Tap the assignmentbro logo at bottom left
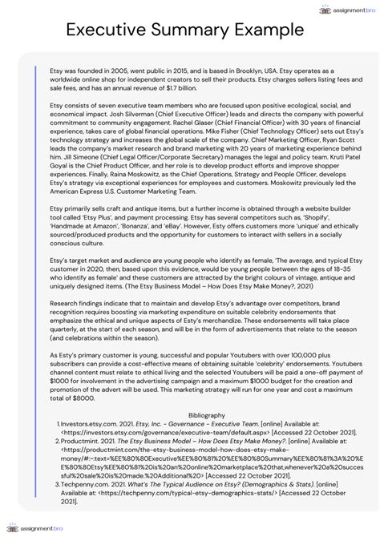(x=36, y=528)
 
